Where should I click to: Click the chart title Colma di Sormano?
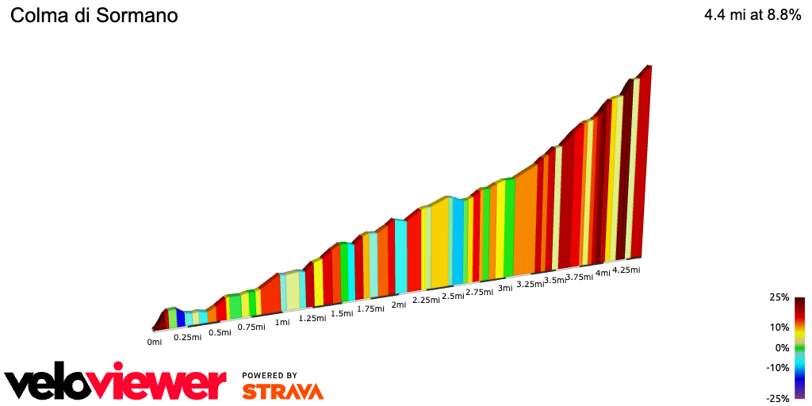coord(94,16)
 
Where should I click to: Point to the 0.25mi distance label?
coord(187,337)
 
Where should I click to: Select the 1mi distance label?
coord(282,322)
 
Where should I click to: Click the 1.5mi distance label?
coord(342,313)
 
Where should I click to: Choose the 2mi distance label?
coord(399,304)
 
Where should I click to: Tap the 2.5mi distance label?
coord(453,296)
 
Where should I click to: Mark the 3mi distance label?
coord(505,288)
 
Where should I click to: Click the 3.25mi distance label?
coord(529,284)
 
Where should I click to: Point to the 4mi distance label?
coord(603,273)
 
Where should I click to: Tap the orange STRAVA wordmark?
coord(282,391)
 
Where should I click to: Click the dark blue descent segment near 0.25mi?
coord(181,319)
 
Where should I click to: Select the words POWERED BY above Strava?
coord(270,375)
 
